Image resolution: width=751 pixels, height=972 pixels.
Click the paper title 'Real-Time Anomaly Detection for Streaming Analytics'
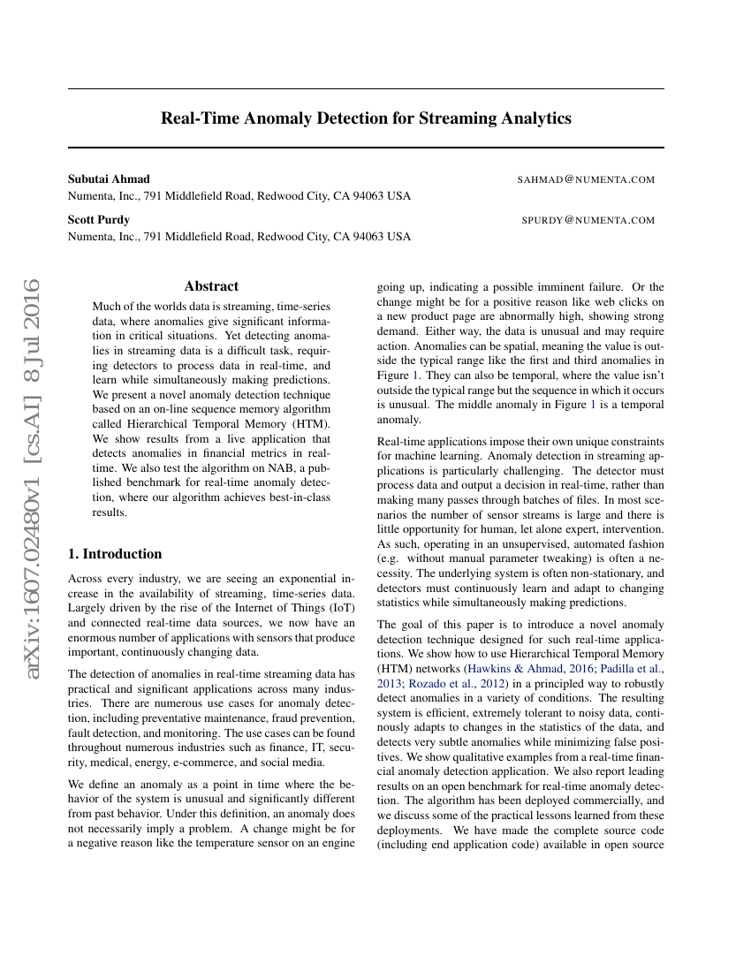point(366,118)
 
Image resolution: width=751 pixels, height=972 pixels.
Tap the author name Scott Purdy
point(99,220)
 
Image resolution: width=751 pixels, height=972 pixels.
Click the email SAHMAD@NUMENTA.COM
point(586,180)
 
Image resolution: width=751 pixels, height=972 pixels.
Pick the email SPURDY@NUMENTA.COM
point(588,221)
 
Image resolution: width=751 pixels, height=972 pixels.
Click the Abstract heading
point(211,286)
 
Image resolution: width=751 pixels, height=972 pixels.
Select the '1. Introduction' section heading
point(115,554)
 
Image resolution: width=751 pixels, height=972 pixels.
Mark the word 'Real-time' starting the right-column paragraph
point(401,442)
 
